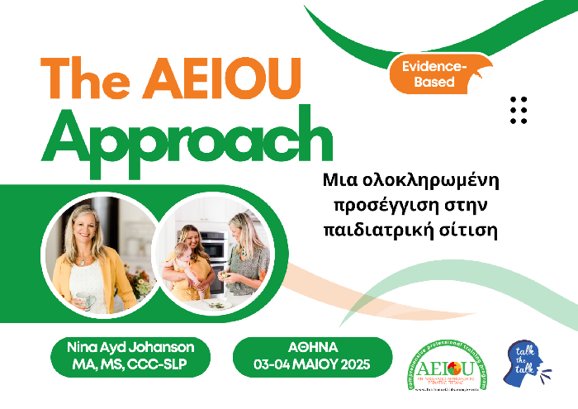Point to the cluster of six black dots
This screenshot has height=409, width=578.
click(x=519, y=110)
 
